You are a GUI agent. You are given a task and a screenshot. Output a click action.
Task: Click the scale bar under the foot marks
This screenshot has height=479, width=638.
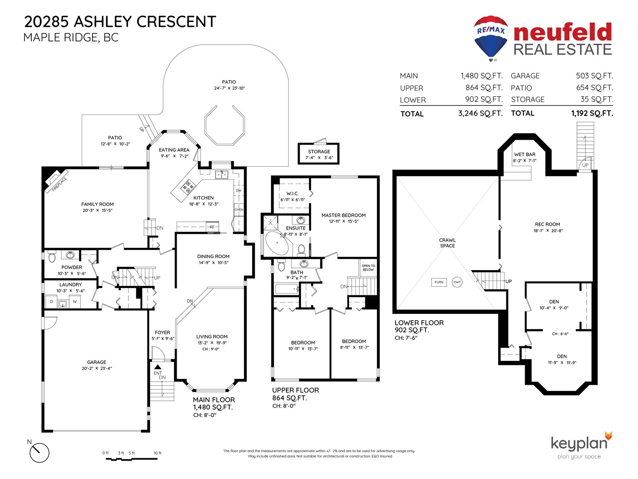[x=131, y=459]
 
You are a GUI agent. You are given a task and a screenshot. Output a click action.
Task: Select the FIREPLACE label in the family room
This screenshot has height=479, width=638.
[x=59, y=184]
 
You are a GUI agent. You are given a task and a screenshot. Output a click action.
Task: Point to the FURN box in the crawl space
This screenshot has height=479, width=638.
[x=439, y=282]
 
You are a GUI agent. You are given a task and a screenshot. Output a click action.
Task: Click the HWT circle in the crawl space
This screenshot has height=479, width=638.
[x=457, y=282]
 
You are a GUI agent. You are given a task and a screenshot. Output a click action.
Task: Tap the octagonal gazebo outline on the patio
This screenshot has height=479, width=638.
[x=224, y=125]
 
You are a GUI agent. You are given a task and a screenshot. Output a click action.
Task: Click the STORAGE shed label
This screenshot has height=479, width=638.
[x=319, y=152]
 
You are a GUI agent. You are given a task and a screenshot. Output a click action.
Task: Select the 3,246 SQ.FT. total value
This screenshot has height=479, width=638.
[x=480, y=113]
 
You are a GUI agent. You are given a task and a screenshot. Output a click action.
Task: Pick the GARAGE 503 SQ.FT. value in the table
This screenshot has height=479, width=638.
[x=595, y=76]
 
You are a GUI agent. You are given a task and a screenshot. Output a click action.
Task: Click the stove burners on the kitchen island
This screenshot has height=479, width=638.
[x=188, y=187]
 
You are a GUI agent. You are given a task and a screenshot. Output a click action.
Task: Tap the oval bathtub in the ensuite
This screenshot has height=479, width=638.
[x=277, y=243]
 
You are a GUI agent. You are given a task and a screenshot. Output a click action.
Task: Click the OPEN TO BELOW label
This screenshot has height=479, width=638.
[x=368, y=267]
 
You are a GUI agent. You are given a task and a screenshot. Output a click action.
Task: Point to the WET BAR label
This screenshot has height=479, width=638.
[x=525, y=154]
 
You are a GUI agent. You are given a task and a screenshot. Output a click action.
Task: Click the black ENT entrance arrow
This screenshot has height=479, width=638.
[x=158, y=367]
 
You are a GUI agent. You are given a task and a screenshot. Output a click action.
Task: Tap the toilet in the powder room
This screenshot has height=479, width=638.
[x=52, y=257]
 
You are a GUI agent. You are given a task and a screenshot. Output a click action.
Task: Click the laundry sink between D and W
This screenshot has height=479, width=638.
[x=63, y=304]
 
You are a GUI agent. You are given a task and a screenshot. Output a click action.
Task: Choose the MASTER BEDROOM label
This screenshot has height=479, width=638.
[x=343, y=215]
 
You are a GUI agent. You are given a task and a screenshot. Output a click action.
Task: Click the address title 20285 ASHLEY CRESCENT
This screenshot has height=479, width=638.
[x=120, y=22]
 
